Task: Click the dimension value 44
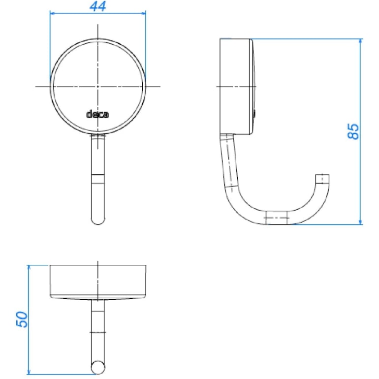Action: click(98, 7)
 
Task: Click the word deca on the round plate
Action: click(98, 115)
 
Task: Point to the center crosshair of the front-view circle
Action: click(98, 86)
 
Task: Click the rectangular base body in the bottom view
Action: click(98, 281)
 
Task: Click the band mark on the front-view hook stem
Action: click(98, 179)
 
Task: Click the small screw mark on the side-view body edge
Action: click(254, 115)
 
